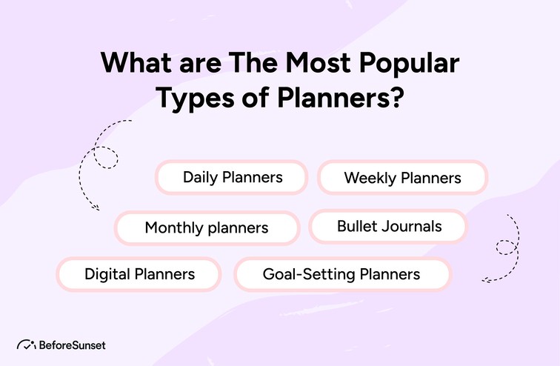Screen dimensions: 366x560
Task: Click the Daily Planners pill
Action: click(x=232, y=178)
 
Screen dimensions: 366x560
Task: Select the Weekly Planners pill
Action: click(x=402, y=179)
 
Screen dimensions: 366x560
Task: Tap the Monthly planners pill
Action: click(x=207, y=227)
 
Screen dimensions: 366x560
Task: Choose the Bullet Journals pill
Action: click(x=389, y=226)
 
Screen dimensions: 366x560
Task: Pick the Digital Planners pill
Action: click(x=139, y=274)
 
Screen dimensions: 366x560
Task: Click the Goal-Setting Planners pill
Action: click(x=341, y=274)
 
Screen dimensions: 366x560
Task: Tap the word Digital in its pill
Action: click(x=107, y=274)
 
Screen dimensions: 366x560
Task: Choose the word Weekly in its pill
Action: click(x=370, y=179)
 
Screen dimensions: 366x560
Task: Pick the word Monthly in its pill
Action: click(x=174, y=227)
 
